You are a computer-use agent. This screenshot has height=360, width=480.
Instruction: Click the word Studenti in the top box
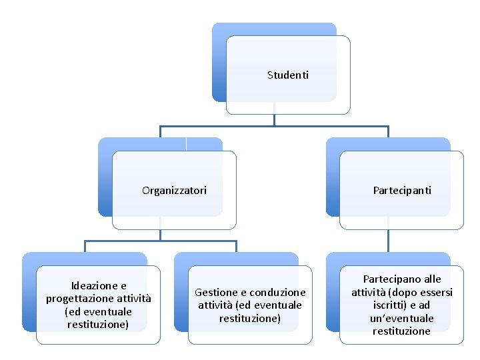coord(288,75)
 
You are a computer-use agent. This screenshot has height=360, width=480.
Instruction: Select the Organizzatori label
coord(174,191)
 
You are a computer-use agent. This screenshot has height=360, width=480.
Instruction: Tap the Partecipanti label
coord(402,191)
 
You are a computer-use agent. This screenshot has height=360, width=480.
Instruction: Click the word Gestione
coord(216,292)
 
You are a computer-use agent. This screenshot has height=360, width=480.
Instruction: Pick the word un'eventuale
coord(402,318)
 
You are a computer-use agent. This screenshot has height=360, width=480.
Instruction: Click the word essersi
coord(435,292)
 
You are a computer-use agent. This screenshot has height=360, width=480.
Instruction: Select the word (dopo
coord(397,292)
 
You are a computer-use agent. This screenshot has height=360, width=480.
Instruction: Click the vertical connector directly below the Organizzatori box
coord(160,234)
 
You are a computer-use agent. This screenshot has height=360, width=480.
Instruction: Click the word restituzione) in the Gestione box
coord(250,318)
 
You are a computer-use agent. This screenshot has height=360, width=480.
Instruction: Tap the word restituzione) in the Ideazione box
coord(98,325)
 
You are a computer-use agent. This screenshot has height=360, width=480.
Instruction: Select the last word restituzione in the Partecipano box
coord(402,331)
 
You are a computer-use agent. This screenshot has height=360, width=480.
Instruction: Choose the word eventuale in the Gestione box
coord(278,305)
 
